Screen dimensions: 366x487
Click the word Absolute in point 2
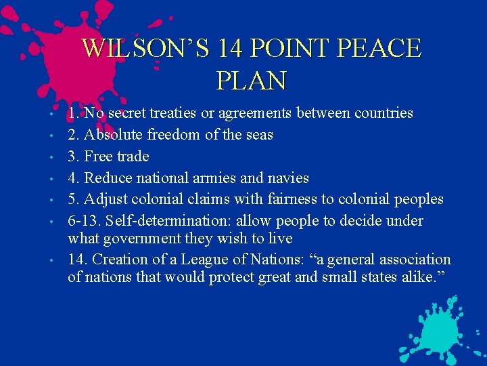coord(116,135)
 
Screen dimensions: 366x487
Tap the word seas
coord(258,135)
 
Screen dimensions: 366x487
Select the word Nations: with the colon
coord(267,260)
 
